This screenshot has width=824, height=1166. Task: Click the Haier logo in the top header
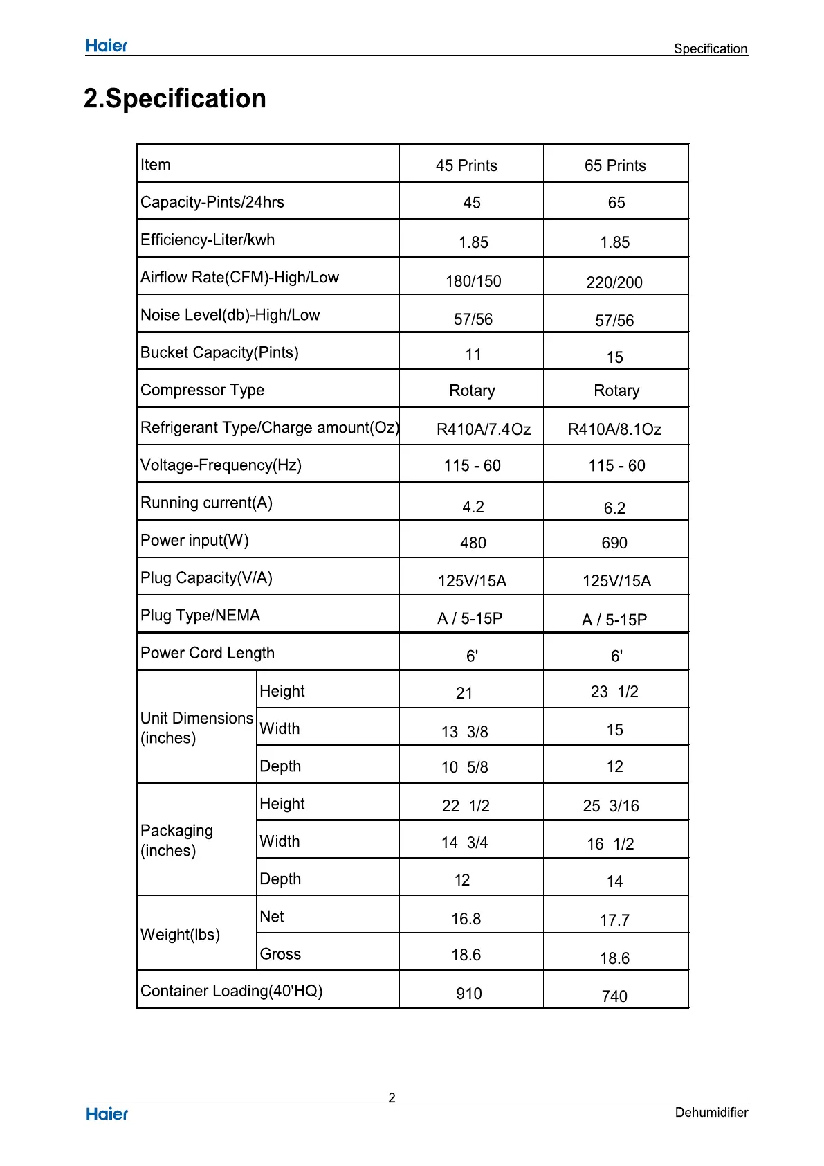[x=107, y=46]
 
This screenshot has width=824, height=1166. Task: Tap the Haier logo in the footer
[x=107, y=1114]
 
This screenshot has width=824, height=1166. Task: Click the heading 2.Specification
[x=175, y=98]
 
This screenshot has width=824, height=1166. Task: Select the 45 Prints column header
[x=466, y=165]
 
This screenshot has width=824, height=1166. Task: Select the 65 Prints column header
[x=615, y=165]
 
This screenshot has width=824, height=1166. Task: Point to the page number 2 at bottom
[x=392, y=1097]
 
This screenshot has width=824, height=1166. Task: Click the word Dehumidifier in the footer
[x=711, y=1112]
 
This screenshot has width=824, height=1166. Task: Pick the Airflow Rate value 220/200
[x=614, y=282]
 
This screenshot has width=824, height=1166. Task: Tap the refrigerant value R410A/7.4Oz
[x=483, y=429]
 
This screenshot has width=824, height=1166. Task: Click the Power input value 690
[x=614, y=543]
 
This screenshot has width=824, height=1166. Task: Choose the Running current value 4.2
[x=473, y=507]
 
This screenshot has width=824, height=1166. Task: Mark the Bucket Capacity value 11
[x=473, y=355]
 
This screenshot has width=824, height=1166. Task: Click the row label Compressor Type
[x=203, y=390]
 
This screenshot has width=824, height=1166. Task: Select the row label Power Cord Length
[x=208, y=653]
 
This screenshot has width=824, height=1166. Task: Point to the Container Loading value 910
[x=469, y=994]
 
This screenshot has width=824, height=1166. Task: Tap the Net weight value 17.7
[x=614, y=920]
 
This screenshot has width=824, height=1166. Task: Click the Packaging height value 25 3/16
[x=611, y=806]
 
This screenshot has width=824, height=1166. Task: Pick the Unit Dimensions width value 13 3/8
[x=465, y=732]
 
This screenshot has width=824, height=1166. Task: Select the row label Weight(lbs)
[x=181, y=935]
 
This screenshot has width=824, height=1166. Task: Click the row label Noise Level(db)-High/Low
[x=230, y=315]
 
